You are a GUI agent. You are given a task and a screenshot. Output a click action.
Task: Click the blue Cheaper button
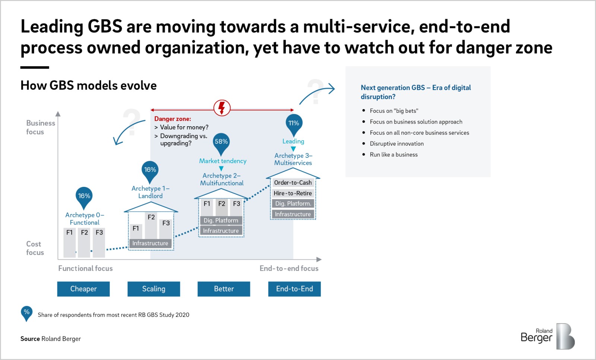(x=83, y=289)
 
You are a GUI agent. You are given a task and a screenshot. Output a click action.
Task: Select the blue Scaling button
(x=153, y=289)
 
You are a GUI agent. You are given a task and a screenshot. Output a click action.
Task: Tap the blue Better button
(x=224, y=289)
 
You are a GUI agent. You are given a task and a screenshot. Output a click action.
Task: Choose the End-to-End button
(x=294, y=289)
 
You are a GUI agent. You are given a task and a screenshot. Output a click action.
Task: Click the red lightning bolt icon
(x=222, y=108)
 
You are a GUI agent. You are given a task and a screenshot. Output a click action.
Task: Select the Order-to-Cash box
(x=293, y=183)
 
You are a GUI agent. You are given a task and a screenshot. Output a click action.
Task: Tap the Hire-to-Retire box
(x=293, y=193)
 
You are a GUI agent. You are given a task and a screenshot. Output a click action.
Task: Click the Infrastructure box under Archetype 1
(x=150, y=243)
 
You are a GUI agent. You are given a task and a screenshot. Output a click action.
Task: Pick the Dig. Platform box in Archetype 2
(x=221, y=220)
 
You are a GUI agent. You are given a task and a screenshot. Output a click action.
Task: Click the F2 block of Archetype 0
(x=84, y=242)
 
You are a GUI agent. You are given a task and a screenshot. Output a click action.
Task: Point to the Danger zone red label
(x=173, y=119)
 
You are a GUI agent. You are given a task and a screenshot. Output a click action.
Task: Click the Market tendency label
(x=223, y=161)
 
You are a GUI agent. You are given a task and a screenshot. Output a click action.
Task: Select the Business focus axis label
(x=41, y=127)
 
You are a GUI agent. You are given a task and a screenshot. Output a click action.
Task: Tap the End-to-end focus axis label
(x=289, y=268)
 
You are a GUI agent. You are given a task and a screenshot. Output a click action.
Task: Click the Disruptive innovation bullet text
(x=397, y=144)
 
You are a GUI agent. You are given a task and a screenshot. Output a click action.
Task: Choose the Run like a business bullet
(x=393, y=154)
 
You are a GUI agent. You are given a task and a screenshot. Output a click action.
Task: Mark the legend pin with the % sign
(x=26, y=313)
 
